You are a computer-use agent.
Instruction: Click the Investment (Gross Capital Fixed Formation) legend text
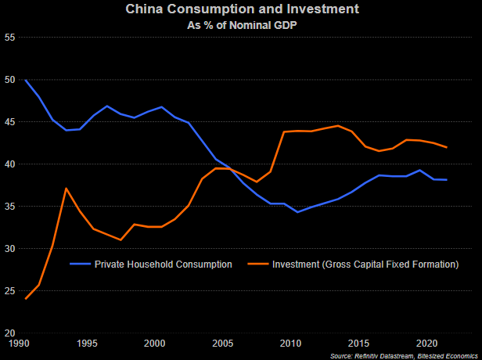(365, 265)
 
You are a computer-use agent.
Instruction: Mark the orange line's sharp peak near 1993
(67, 189)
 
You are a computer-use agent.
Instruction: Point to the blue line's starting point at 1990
(25, 80)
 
